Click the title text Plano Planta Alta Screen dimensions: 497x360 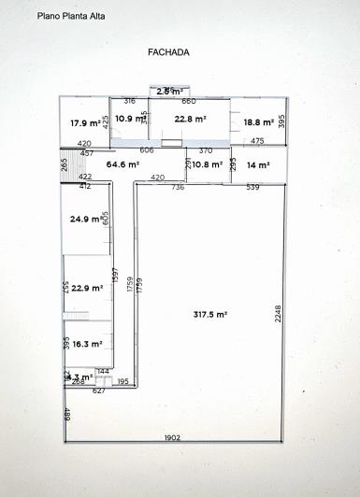tap(71, 16)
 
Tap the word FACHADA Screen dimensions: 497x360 tap(168, 52)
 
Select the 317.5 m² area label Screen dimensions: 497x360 tap(209, 315)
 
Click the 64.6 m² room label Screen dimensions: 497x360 tap(122, 164)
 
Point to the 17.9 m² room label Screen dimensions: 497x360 tap(86, 123)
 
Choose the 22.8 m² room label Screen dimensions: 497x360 tap(190, 119)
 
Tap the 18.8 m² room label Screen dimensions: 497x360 tap(258, 122)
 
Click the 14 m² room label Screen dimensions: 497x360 tap(258, 164)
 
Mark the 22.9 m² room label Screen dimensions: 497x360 tap(86, 289)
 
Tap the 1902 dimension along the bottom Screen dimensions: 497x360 tap(172, 438)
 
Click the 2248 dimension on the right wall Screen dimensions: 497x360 tap(278, 312)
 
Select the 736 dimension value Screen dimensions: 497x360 tap(178, 188)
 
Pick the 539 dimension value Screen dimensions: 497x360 tap(252, 188)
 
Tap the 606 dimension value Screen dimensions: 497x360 tap(147, 150)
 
